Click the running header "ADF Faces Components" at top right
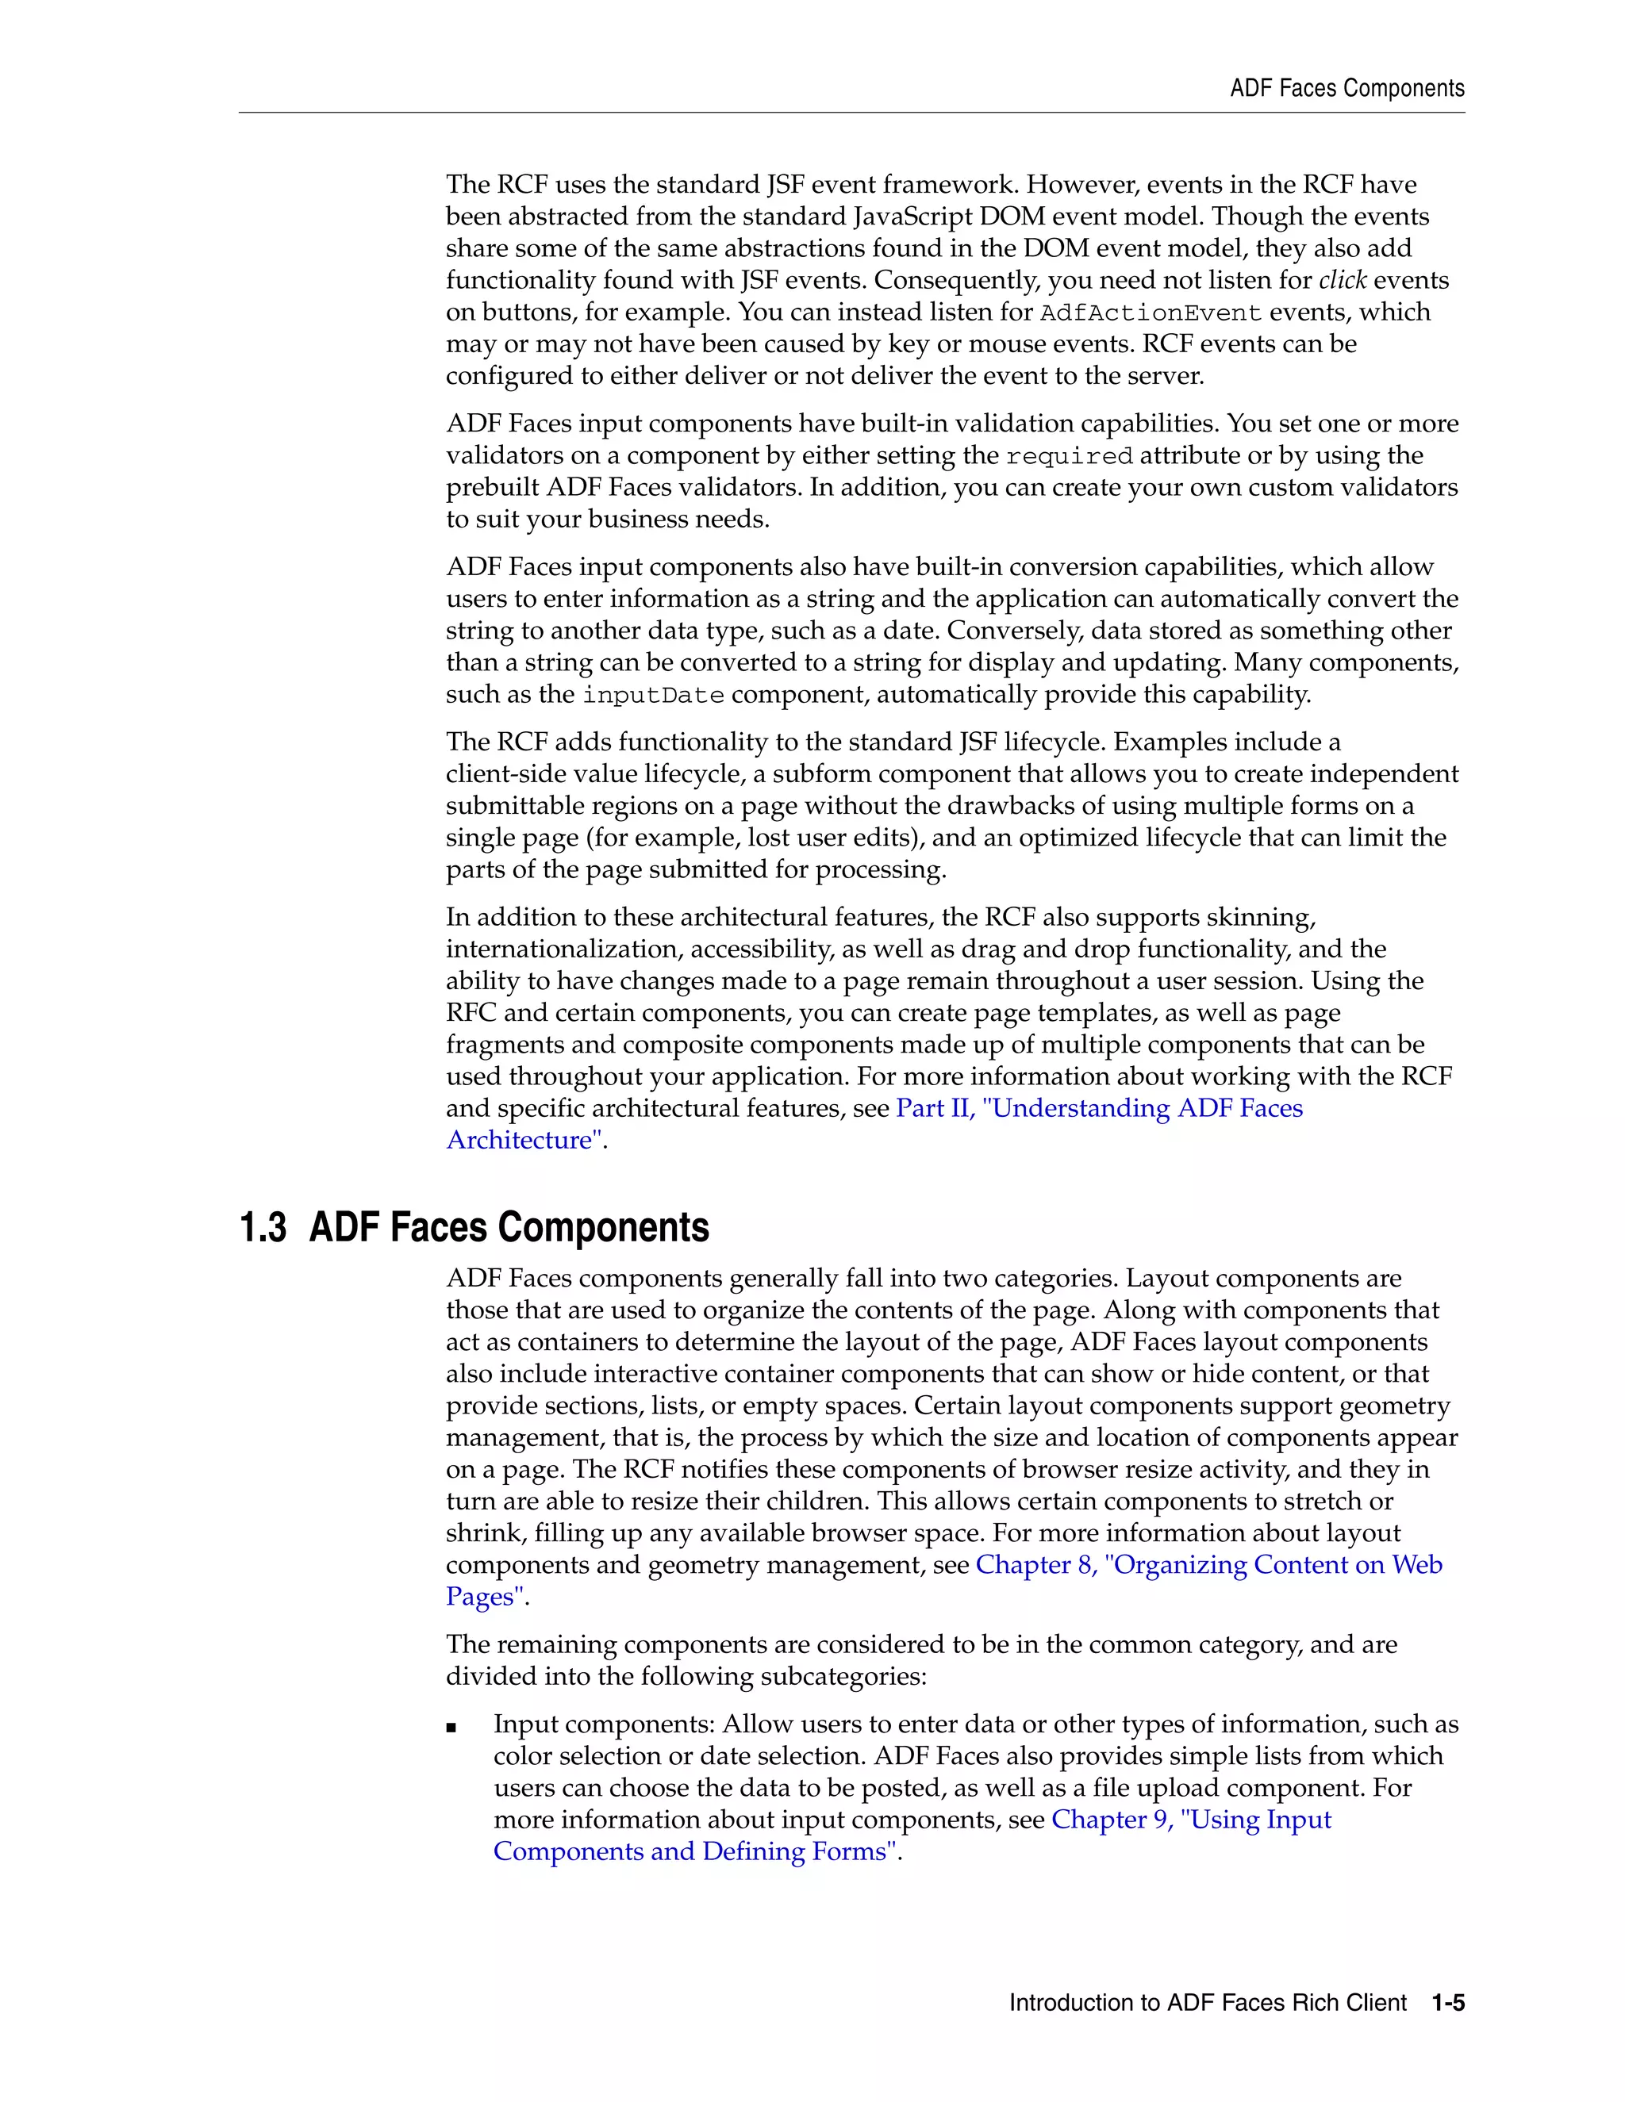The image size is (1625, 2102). click(x=1346, y=89)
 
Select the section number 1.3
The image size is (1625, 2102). click(x=263, y=1228)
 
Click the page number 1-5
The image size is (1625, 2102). click(x=1447, y=2003)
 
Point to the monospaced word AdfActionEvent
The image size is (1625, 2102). click(x=1151, y=313)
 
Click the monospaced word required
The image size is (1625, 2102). click(x=1069, y=456)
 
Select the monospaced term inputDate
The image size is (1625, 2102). click(x=653, y=695)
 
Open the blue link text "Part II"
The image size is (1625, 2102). click(x=935, y=1108)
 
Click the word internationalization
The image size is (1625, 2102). click(x=563, y=949)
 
